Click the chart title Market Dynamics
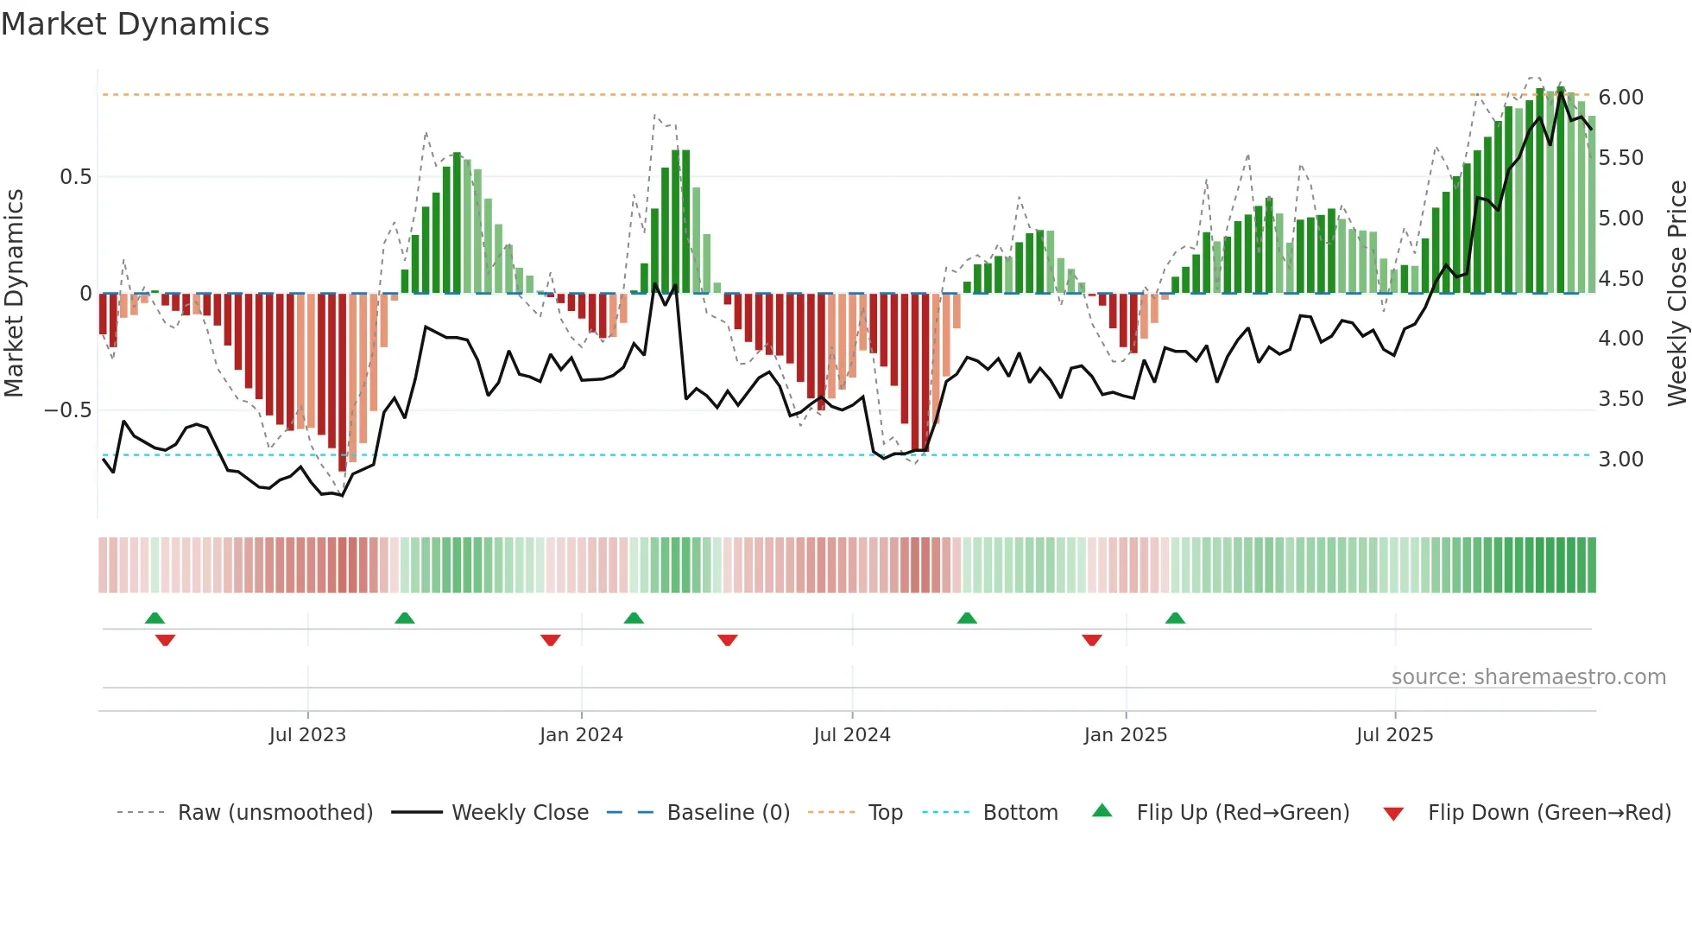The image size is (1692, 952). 135,24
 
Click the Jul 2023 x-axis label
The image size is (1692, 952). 307,734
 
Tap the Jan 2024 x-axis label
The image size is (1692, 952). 581,734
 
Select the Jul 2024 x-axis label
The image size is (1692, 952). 851,734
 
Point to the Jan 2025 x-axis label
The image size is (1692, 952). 1125,734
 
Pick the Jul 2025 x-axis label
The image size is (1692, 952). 1394,734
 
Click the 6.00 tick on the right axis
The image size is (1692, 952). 1620,97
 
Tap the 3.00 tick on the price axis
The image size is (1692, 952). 1620,459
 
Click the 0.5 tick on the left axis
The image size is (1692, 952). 75,176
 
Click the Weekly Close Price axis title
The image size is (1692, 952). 1676,294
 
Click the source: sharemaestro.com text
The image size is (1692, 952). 1528,676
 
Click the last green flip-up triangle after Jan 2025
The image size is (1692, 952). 1175,618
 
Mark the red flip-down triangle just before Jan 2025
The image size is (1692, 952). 1091,640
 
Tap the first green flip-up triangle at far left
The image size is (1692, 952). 155,618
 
